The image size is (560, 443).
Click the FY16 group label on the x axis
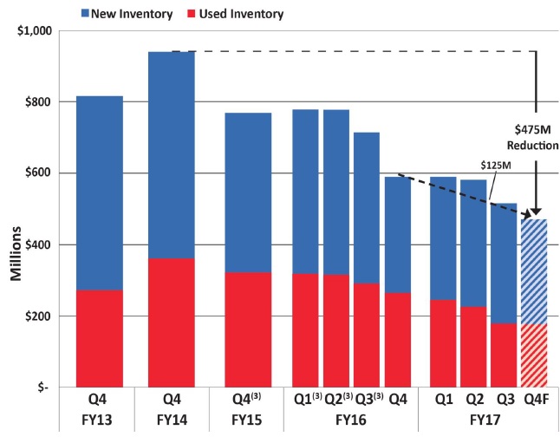[351, 426]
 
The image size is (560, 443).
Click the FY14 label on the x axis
[172, 426]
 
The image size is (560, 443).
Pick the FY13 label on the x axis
[99, 426]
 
